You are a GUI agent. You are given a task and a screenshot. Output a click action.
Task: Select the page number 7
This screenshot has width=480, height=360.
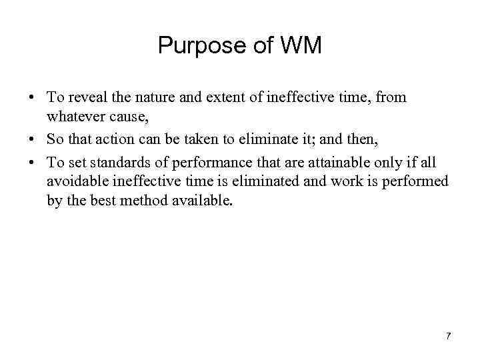coord(448,336)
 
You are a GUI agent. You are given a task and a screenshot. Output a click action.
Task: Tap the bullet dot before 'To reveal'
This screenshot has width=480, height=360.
coord(33,98)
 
